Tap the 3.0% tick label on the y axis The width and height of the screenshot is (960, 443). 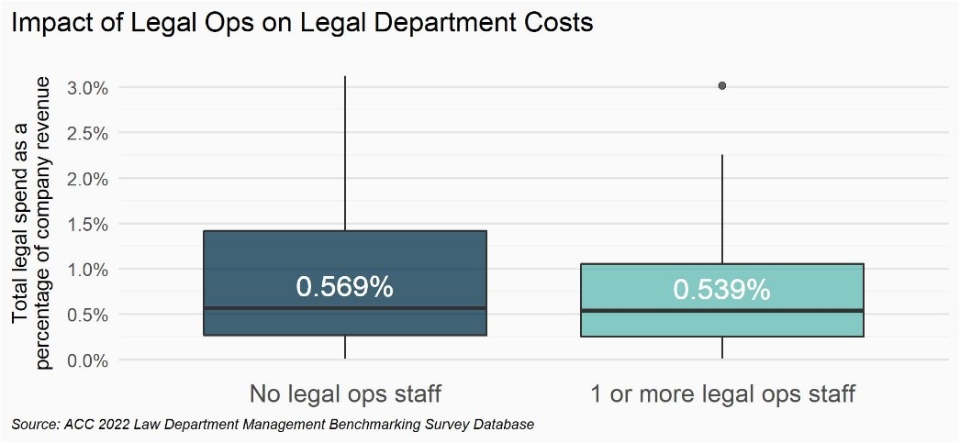tap(88, 88)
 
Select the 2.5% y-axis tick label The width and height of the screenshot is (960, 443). tap(88, 133)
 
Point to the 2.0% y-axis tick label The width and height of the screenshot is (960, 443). tap(88, 179)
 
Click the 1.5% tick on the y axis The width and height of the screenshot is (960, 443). tap(88, 224)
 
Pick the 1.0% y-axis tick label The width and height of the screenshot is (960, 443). tap(88, 270)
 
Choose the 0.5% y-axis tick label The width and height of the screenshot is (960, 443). tap(88, 315)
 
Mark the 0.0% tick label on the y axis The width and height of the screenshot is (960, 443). tap(88, 360)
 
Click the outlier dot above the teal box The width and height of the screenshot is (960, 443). tap(722, 86)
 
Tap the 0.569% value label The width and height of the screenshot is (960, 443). tap(344, 287)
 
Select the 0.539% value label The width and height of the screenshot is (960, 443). tap(721, 290)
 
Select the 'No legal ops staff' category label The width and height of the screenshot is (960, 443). tap(345, 395)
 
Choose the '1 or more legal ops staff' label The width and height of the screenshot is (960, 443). tap(722, 395)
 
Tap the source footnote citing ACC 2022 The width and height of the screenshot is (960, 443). tap(273, 425)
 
